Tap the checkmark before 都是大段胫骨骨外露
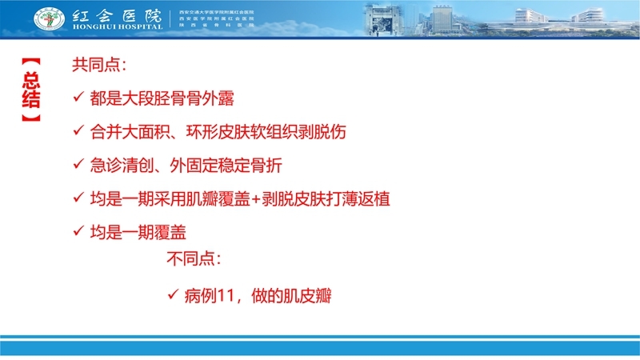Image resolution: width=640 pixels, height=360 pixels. [78, 98]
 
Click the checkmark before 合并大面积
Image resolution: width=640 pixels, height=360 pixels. [78, 132]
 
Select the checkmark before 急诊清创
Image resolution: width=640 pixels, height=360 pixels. [78, 165]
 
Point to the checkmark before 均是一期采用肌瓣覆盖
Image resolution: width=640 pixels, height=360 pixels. [78, 198]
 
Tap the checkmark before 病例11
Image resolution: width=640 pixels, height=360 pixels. [172, 296]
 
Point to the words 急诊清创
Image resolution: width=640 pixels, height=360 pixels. [122, 166]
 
